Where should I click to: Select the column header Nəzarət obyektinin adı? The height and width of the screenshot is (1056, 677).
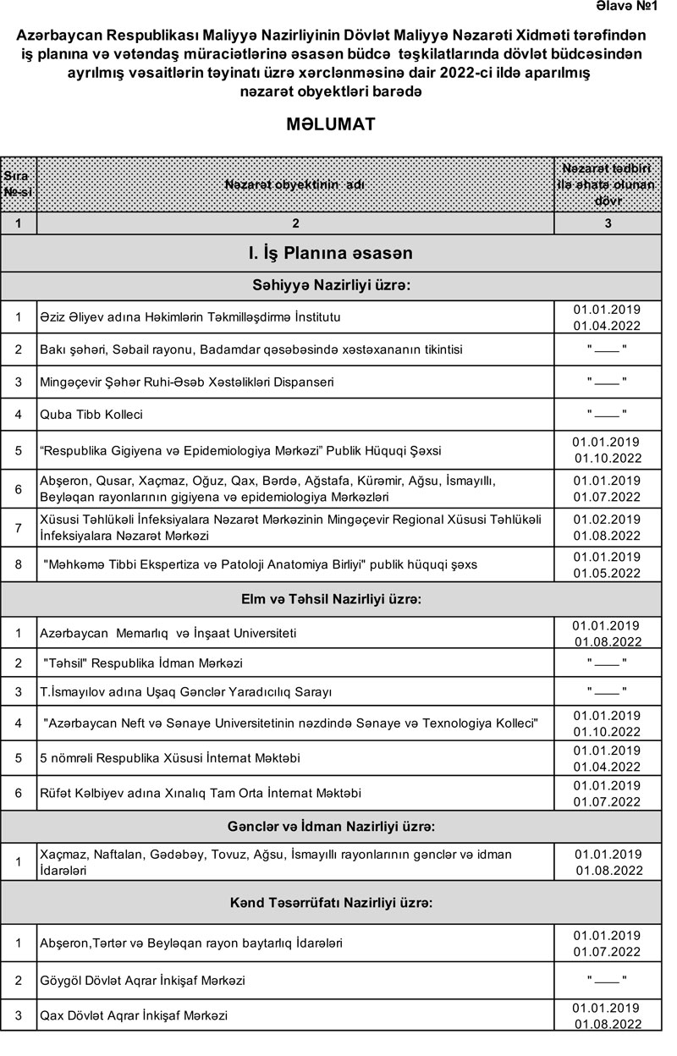coord(294,184)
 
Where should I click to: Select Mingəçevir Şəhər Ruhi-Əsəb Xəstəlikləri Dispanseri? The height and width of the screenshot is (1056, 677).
coord(187,382)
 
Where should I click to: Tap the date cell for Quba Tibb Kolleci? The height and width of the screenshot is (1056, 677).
coord(607,415)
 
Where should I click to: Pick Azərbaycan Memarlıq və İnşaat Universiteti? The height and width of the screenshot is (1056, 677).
coord(168,633)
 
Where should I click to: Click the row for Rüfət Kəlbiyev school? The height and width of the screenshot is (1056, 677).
coord(201,794)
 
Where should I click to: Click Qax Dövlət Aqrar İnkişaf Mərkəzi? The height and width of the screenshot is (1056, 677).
coord(134,1015)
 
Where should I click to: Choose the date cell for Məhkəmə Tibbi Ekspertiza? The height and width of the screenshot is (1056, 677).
coord(607,564)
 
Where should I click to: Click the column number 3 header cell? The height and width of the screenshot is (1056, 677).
coord(607,223)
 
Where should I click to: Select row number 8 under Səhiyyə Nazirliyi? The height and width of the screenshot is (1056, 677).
coord(18,564)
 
